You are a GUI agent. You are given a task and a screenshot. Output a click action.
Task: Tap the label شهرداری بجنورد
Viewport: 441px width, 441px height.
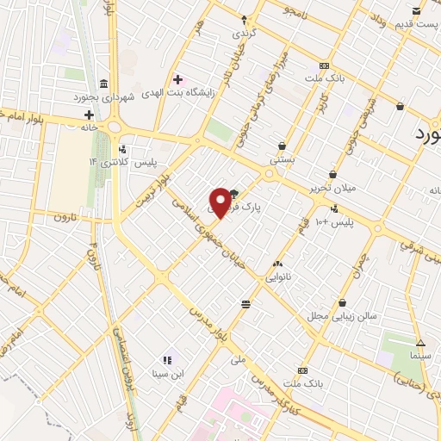point(104,97)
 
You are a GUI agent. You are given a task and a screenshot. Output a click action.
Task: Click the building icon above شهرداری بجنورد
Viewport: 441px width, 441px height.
point(104,84)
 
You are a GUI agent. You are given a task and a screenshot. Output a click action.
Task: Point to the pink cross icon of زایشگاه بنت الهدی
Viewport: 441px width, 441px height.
point(178,80)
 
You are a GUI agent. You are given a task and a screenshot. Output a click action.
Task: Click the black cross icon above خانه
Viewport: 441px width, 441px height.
point(89,114)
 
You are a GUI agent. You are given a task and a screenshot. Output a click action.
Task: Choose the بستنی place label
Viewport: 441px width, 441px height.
point(283,159)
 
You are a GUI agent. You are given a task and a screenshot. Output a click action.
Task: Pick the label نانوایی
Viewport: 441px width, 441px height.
point(277,277)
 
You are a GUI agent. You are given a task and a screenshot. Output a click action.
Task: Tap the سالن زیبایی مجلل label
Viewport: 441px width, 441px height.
point(344,316)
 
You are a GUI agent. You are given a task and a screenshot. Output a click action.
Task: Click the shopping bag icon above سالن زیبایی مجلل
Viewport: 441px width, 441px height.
point(343,303)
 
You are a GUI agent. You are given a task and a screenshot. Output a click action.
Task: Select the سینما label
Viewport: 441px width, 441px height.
point(420,355)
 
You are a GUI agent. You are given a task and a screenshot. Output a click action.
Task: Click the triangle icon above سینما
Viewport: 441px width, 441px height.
point(420,342)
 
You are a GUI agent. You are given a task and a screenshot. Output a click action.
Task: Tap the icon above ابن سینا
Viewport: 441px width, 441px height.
point(167,360)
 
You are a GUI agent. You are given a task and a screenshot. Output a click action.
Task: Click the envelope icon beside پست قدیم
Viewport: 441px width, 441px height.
point(417,10)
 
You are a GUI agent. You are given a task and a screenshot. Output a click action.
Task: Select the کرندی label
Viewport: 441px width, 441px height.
point(244,33)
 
